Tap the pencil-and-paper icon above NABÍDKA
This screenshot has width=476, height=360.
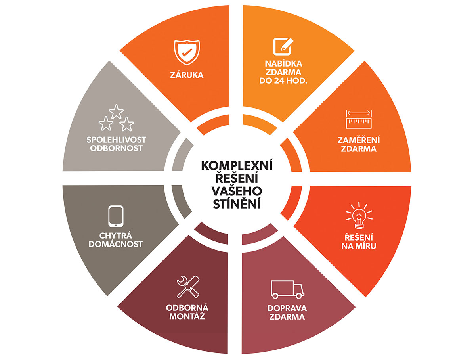tap(282, 47)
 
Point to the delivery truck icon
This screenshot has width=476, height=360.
tap(287, 289)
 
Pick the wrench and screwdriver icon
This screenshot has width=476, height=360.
tap(187, 287)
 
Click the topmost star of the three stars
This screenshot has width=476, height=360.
tap(116, 111)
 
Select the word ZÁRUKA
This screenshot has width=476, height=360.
tap(186, 74)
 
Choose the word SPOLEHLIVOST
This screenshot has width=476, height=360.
tap(116, 140)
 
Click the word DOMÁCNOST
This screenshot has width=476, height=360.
tap(116, 244)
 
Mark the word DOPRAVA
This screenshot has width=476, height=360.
tap(287, 308)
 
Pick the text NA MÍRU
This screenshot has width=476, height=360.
tap(359, 246)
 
